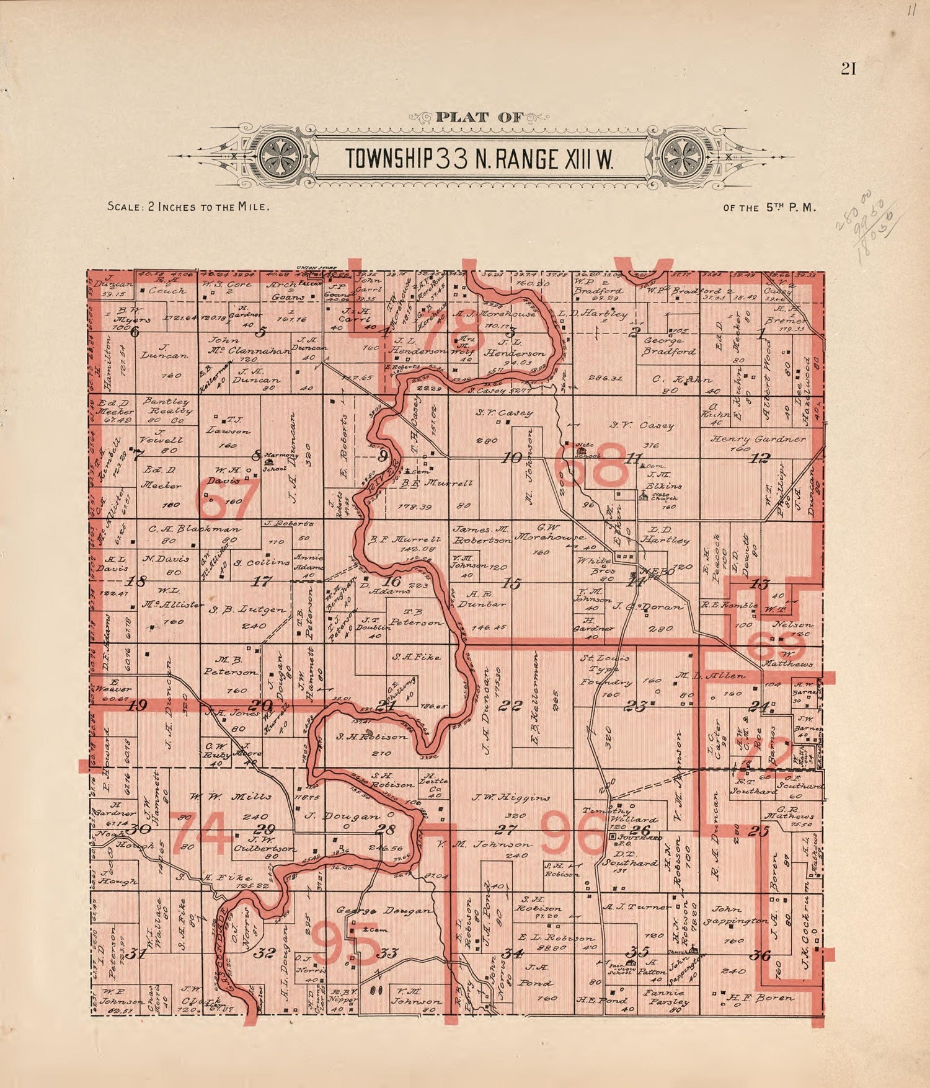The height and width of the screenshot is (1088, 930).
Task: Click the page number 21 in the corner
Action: click(848, 69)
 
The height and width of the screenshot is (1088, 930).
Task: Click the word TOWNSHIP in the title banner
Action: click(389, 159)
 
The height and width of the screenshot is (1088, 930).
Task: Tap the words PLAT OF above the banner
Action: click(479, 117)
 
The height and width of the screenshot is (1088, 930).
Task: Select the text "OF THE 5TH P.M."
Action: click(769, 208)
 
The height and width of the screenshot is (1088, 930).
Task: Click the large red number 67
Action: click(221, 500)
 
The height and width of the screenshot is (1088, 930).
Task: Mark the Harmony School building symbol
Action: click(269, 462)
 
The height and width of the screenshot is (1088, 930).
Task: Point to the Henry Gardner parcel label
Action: click(758, 439)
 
